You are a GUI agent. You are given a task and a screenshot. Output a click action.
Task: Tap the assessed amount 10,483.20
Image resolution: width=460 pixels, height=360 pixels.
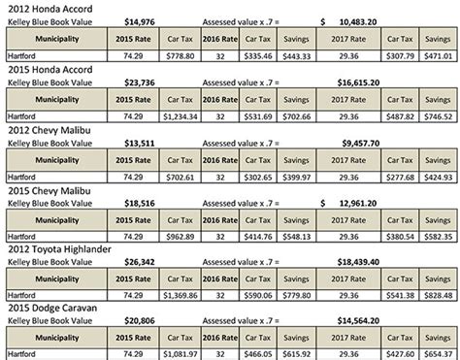point(366,19)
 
